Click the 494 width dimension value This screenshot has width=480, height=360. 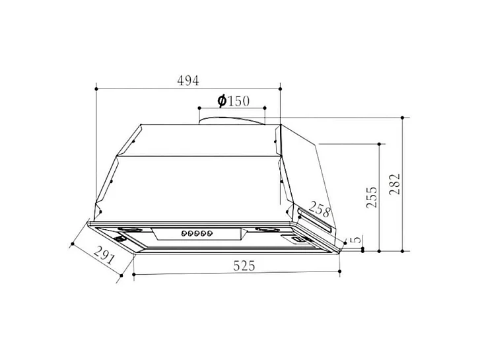(x=188, y=81)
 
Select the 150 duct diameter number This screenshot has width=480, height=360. (x=238, y=101)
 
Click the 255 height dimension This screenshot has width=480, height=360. (x=372, y=198)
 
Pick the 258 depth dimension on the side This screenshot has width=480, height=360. (x=320, y=210)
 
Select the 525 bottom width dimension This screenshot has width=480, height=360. (x=244, y=266)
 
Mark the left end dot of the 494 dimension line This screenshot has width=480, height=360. (x=97, y=87)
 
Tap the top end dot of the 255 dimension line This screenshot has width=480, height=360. (x=380, y=143)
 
